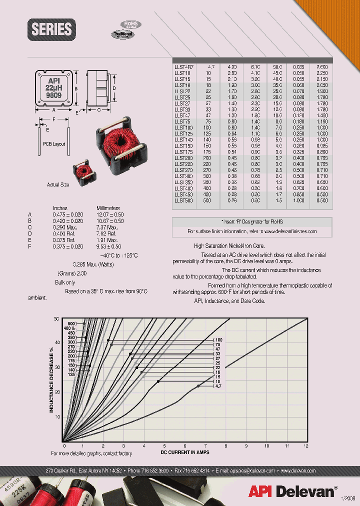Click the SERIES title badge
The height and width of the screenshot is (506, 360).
click(x=51, y=29)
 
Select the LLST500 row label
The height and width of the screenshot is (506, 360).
click(x=183, y=200)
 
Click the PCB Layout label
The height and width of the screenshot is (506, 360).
click(x=54, y=144)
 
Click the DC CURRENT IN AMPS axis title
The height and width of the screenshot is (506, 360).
click(x=184, y=452)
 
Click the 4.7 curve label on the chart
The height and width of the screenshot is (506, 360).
click(x=218, y=386)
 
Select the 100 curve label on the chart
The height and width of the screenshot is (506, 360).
click(x=218, y=340)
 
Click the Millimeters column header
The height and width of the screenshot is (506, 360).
click(x=108, y=208)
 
